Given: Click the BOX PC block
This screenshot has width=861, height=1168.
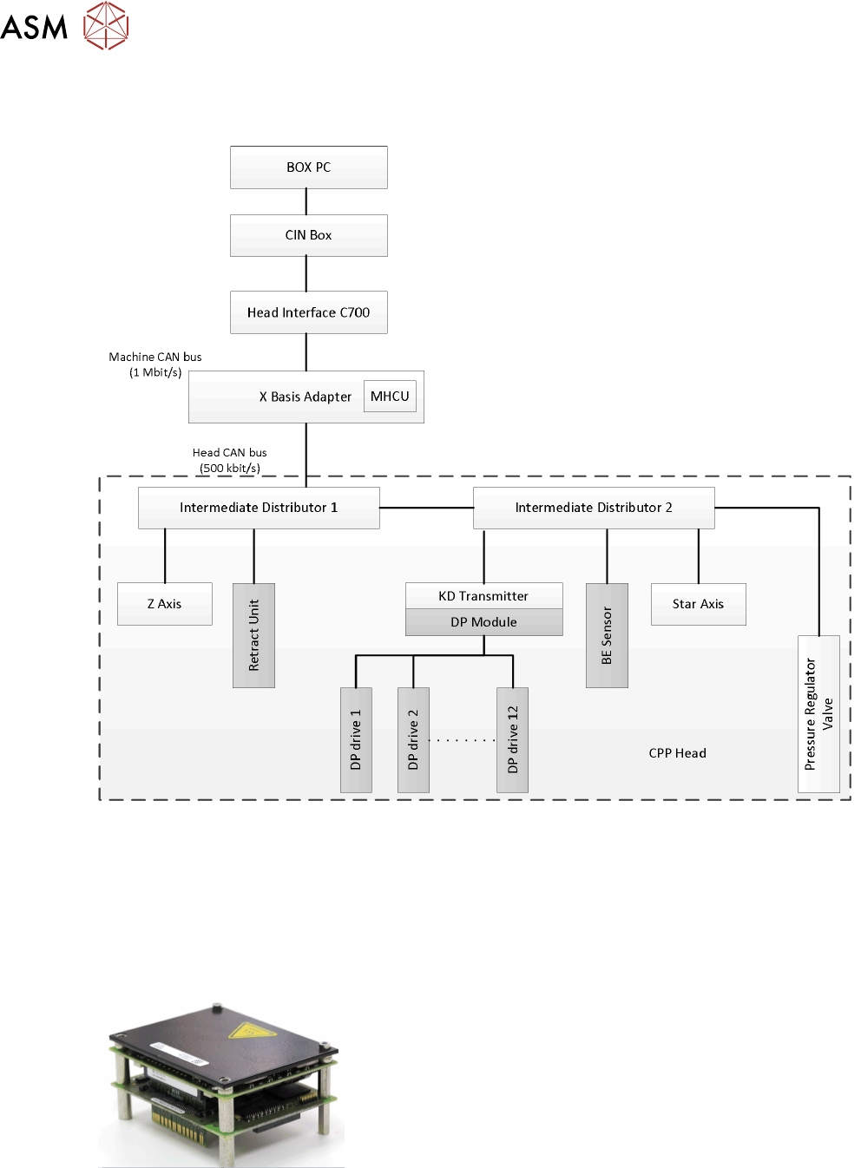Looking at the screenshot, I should pyautogui.click(x=308, y=167).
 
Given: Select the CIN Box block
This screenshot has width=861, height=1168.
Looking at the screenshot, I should pyautogui.click(x=308, y=235).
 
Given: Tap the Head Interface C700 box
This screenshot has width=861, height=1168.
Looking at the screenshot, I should pyautogui.click(x=308, y=312).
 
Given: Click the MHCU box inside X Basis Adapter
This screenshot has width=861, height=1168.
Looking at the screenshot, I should pyautogui.click(x=390, y=397).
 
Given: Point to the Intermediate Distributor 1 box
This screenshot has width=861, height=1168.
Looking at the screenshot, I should pyautogui.click(x=259, y=508).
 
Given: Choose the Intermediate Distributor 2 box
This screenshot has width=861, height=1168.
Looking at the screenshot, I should pyautogui.click(x=594, y=508).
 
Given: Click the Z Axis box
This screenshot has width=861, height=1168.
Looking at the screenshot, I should pyautogui.click(x=164, y=604).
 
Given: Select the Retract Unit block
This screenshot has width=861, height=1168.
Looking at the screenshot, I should pyautogui.click(x=253, y=635).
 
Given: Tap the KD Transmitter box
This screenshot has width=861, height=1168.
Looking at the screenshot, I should pyautogui.click(x=483, y=596).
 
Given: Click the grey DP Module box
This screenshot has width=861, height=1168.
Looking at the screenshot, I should pyautogui.click(x=483, y=622).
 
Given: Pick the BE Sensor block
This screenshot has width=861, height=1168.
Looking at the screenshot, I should pyautogui.click(x=607, y=635).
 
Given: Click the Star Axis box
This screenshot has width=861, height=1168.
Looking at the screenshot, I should pyautogui.click(x=698, y=604).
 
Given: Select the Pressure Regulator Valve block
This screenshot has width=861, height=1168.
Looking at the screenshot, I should pyautogui.click(x=818, y=713).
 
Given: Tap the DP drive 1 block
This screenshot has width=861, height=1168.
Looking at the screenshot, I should pyautogui.click(x=356, y=739).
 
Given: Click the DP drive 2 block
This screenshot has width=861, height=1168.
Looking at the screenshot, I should pyautogui.click(x=413, y=739).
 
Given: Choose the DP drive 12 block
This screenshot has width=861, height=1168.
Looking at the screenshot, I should pyautogui.click(x=512, y=739).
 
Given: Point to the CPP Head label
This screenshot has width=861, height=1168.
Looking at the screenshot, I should pyautogui.click(x=677, y=753).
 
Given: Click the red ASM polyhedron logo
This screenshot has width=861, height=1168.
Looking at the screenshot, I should pyautogui.click(x=106, y=25).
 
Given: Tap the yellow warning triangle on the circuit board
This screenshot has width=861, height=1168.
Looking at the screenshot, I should pyautogui.click(x=253, y=1031).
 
